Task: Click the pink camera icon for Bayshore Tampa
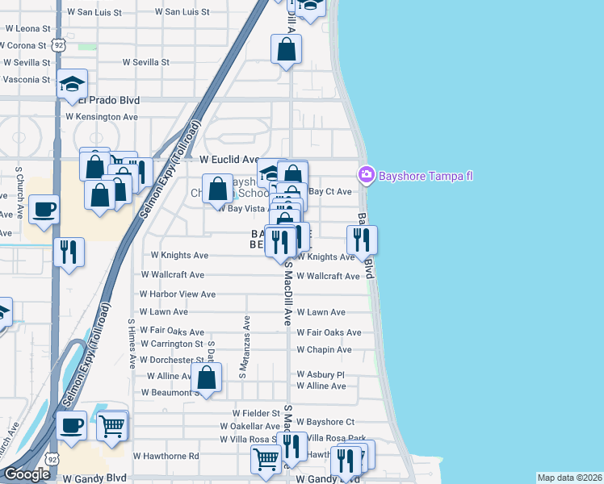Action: pyautogui.click(x=367, y=173)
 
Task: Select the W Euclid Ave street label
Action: pyautogui.click(x=229, y=160)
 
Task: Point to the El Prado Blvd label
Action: pyautogui.click(x=110, y=100)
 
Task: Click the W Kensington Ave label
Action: pyautogui.click(x=102, y=117)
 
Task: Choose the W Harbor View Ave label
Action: pyautogui.click(x=177, y=294)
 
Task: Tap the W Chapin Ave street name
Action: pyautogui.click(x=324, y=349)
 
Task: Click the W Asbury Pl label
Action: pyautogui.click(x=320, y=374)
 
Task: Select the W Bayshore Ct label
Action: pyautogui.click(x=325, y=421)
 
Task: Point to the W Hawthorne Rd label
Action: pyautogui.click(x=167, y=456)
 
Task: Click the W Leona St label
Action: pyautogui.click(x=28, y=27)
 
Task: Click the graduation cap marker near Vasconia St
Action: pyautogui.click(x=72, y=84)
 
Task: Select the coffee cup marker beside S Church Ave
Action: pyautogui.click(x=44, y=210)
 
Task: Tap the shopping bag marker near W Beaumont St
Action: pyautogui.click(x=207, y=377)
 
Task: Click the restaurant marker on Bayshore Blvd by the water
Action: pyautogui.click(x=362, y=240)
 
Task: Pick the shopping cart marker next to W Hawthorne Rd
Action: pyautogui.click(x=266, y=459)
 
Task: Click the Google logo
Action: pyautogui.click(x=27, y=474)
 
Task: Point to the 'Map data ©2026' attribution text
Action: pyautogui.click(x=569, y=478)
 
